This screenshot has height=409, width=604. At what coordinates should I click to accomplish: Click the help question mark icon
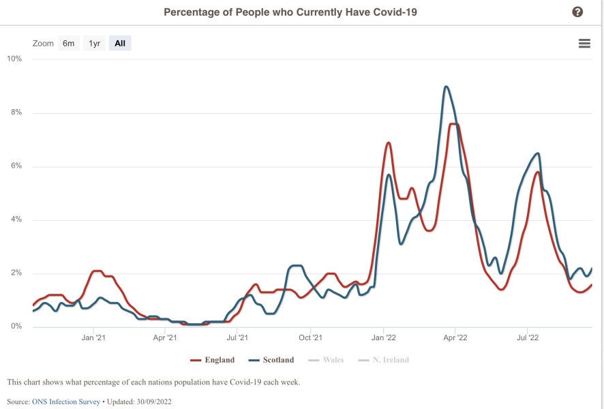(577, 12)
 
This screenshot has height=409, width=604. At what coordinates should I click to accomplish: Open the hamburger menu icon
(584, 44)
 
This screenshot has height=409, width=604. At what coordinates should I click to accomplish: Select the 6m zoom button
(69, 44)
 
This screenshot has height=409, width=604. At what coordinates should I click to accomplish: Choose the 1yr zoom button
(95, 44)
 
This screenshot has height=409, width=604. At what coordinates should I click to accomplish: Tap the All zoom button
(120, 44)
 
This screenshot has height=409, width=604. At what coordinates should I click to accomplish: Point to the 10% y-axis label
(14, 59)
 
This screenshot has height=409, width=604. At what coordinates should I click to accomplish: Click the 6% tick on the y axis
(16, 166)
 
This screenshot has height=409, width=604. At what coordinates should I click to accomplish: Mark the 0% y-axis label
(16, 327)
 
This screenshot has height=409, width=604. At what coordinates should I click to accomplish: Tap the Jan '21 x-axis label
(93, 337)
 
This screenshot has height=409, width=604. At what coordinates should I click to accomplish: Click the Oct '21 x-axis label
(310, 337)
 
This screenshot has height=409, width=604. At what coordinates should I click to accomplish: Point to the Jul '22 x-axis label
(528, 337)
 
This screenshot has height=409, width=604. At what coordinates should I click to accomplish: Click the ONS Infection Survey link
(66, 402)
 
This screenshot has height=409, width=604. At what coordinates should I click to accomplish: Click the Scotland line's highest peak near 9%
(446, 87)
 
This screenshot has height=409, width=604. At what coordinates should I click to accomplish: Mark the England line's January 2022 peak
(389, 142)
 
